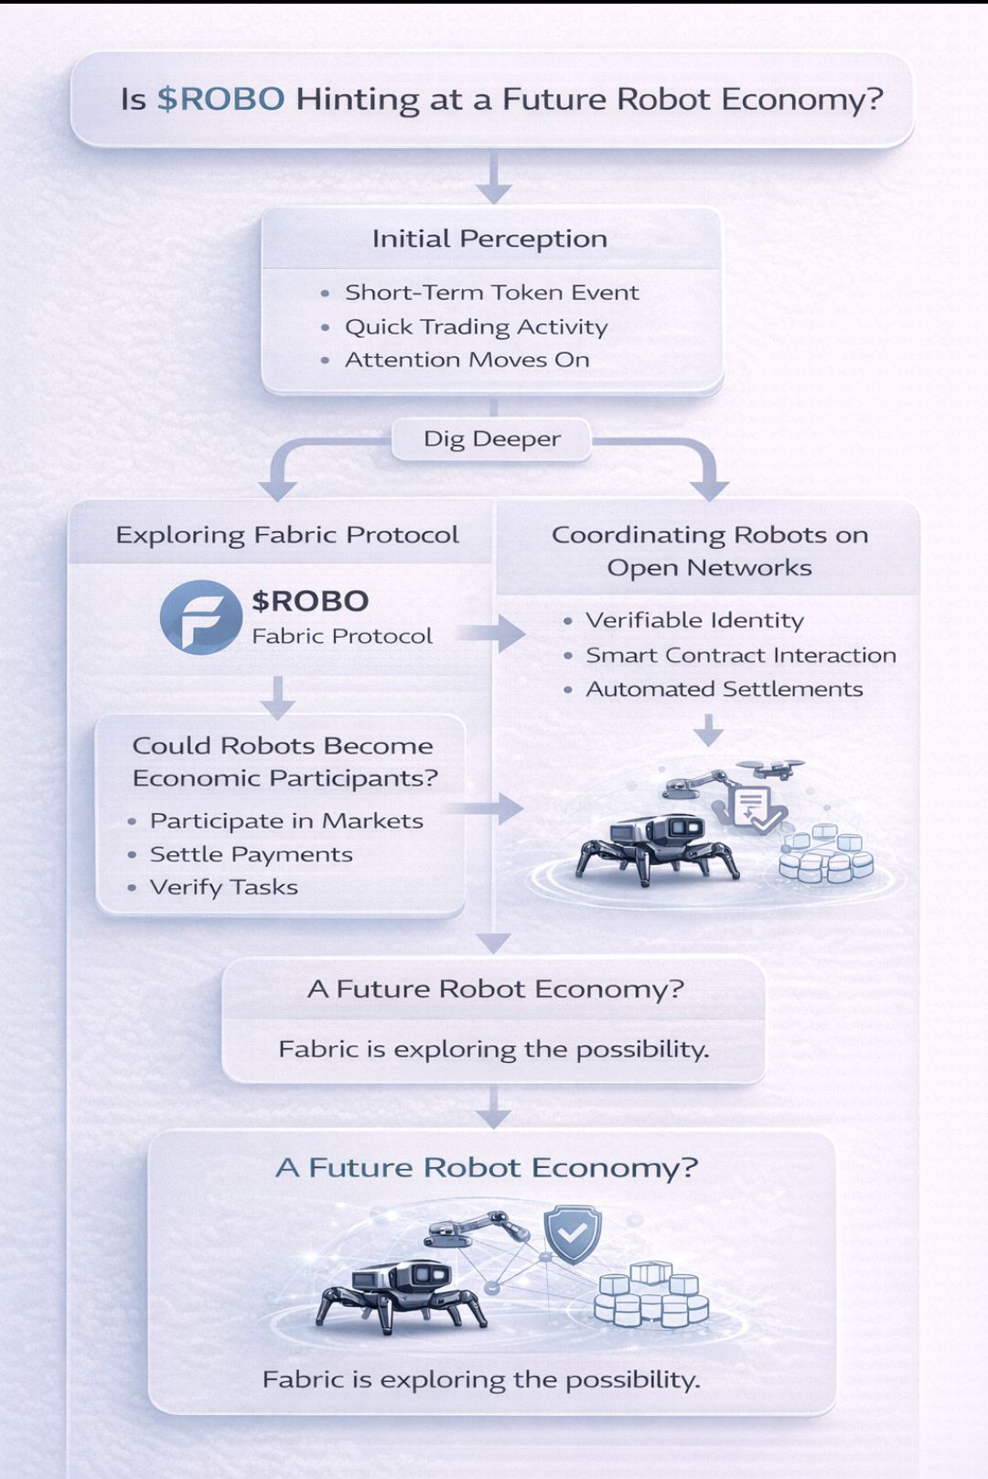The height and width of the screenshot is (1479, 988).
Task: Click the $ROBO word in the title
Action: point(220,99)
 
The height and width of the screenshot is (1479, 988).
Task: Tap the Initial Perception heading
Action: point(489,239)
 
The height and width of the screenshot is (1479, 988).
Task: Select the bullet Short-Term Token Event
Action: point(491,293)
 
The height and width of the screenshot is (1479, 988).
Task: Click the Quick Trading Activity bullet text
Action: point(476,327)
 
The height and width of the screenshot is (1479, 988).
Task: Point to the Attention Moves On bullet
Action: point(467,359)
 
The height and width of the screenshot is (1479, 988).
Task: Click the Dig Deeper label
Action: point(491,439)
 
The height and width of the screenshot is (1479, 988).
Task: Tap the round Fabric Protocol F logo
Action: point(200,617)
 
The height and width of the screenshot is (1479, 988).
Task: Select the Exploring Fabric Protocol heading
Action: point(286,535)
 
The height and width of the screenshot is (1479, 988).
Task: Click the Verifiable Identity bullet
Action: point(694,620)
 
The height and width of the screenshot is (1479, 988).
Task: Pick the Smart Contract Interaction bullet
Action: point(740,655)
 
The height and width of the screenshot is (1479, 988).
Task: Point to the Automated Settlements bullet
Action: point(724,689)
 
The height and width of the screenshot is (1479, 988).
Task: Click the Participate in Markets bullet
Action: point(286,820)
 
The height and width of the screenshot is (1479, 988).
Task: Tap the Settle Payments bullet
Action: point(251,854)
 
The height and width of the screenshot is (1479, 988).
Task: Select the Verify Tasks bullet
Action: point(223,887)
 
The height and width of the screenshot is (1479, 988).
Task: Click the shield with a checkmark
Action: point(573,1233)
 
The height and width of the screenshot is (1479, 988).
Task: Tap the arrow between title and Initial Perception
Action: point(493,179)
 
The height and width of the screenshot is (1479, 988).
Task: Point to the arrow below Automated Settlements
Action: point(708,730)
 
